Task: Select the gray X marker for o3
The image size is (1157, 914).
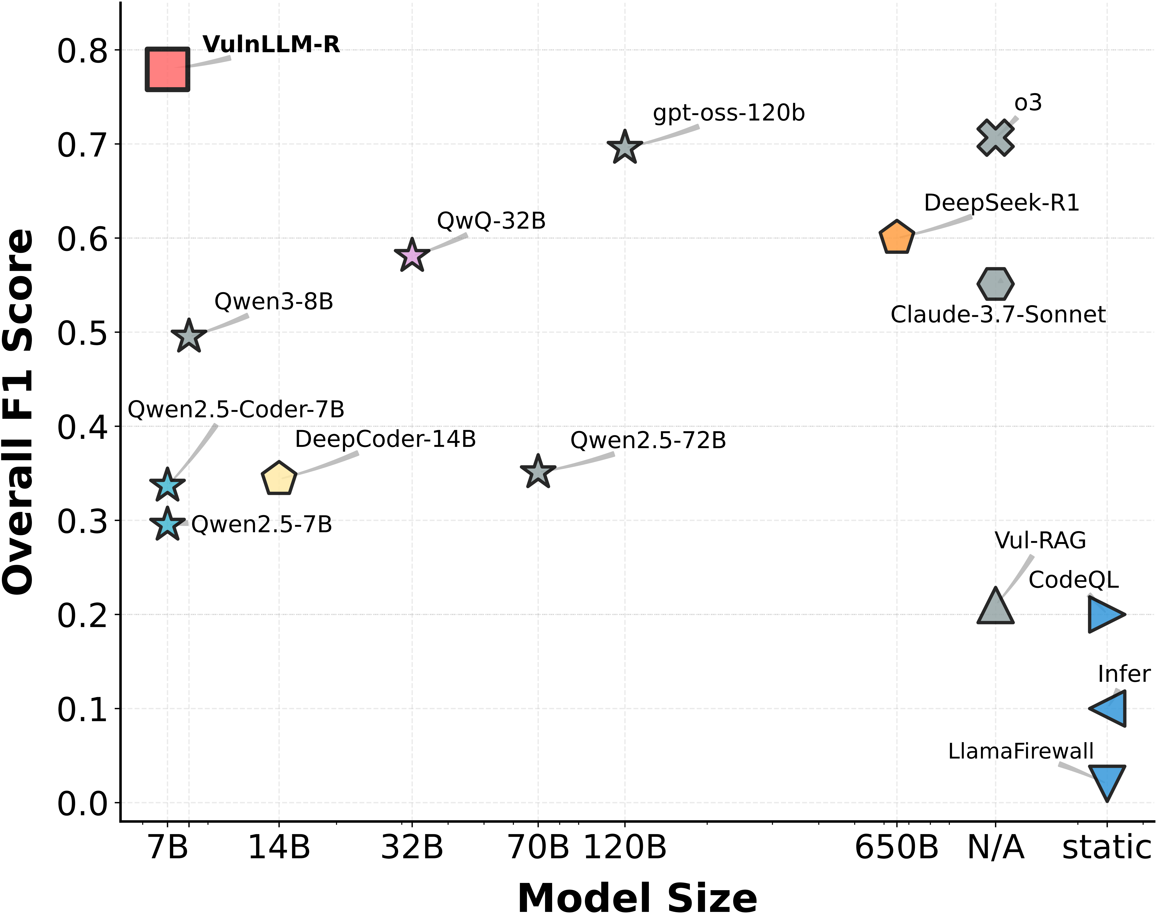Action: [x=995, y=137]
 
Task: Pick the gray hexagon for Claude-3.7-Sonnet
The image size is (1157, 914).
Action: [x=995, y=284]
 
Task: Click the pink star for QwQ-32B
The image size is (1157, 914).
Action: [x=412, y=255]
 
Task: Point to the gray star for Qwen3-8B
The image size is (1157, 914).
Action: [x=189, y=336]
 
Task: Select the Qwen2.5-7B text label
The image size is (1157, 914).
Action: [x=262, y=525]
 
